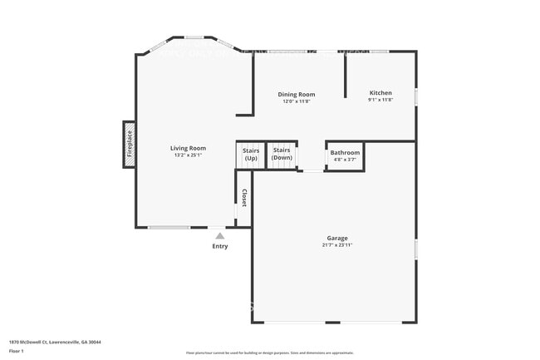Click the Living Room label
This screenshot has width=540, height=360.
coord(189,148)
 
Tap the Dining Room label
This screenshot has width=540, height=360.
coord(296,95)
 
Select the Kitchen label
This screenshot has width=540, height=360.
coord(380,92)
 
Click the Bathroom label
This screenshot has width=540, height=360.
coord(345,153)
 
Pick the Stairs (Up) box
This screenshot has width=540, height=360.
coord(250,155)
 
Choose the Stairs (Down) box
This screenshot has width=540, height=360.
coord(282,155)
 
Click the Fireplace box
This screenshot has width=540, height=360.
coord(130,144)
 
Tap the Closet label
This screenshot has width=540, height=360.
coord(244,198)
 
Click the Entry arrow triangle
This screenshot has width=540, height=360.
coord(219,236)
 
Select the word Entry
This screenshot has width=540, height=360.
coord(219,246)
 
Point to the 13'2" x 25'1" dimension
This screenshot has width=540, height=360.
coord(189,155)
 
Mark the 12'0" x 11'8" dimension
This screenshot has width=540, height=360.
coord(296,101)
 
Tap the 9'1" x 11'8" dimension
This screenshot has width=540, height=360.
coord(380,100)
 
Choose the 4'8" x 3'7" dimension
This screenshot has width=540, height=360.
coord(345,160)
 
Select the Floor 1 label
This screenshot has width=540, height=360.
coord(17,352)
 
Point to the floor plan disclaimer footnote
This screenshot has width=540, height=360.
coord(270,353)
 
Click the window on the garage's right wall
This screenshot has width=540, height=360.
coord(416,249)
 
